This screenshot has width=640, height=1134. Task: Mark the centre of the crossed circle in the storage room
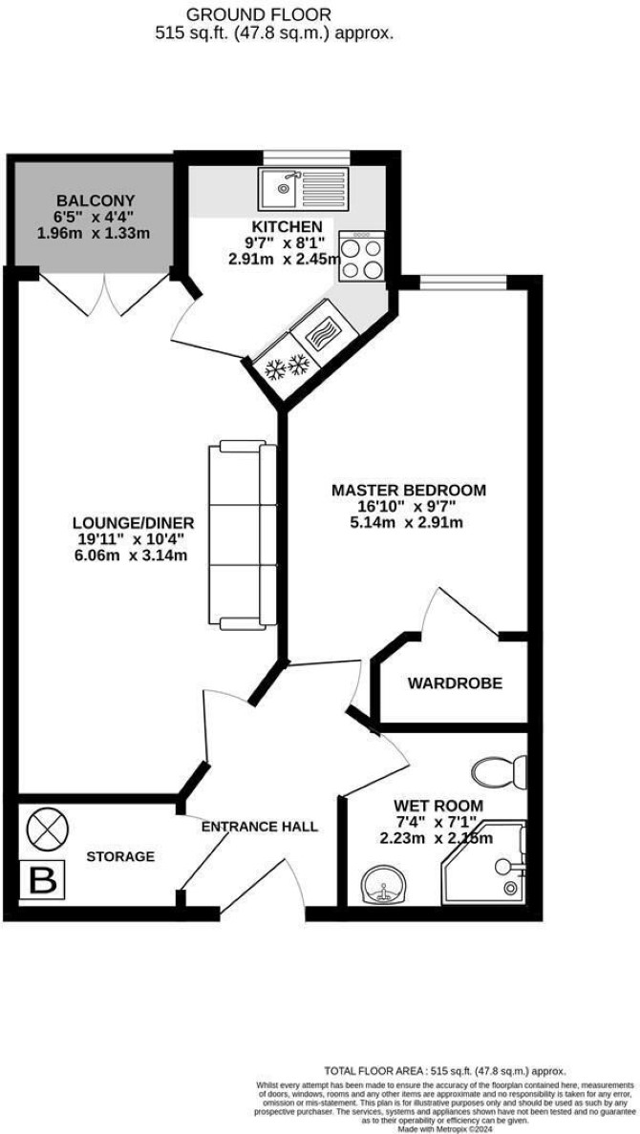tap(48, 827)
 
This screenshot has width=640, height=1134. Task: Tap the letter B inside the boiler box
tap(45, 879)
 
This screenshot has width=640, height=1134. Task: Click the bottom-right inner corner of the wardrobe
tap(526, 721)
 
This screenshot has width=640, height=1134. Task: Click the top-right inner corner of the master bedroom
tap(526, 288)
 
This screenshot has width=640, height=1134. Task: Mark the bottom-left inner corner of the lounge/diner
tap(19, 792)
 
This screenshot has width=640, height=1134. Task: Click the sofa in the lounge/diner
tap(242, 535)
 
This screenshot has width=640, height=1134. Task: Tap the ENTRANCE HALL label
tap(259, 827)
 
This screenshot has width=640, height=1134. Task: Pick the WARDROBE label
tap(455, 682)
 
